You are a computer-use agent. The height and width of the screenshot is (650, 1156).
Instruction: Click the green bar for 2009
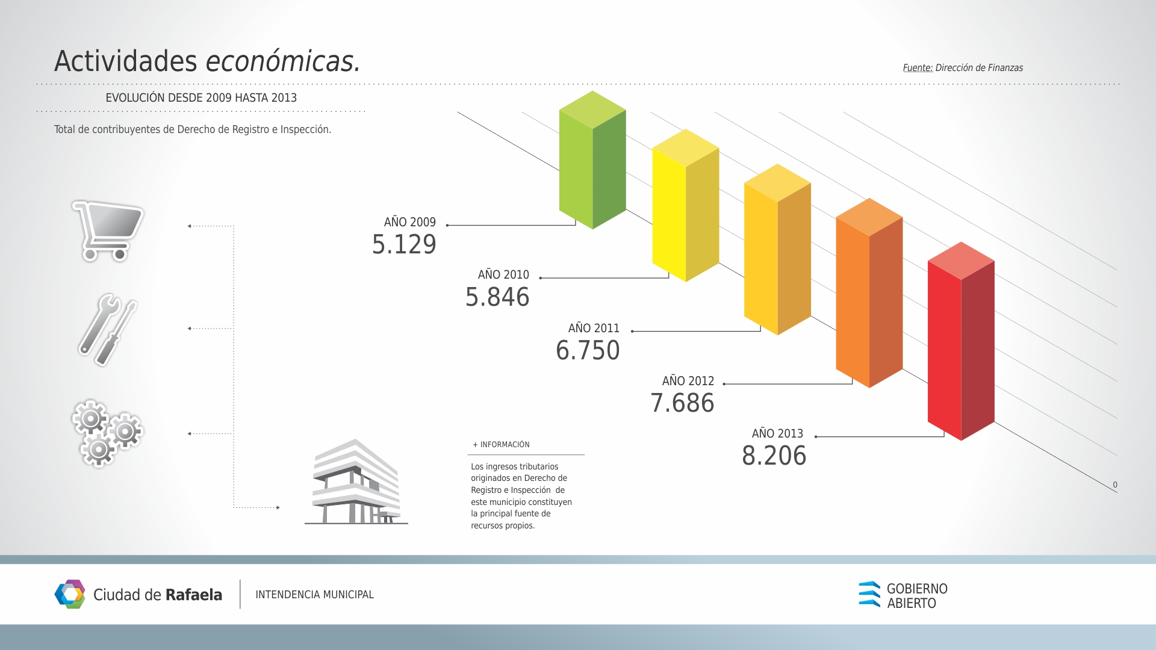point(592,160)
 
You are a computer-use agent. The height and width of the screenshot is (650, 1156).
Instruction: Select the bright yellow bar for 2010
point(686,205)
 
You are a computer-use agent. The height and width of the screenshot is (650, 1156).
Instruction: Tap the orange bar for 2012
point(869,293)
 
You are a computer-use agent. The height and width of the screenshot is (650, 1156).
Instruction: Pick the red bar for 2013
point(961,341)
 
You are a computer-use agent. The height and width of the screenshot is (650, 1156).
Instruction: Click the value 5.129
point(404,244)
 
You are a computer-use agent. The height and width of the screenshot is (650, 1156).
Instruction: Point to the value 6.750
point(588,350)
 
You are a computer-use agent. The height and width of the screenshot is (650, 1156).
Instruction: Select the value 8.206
point(774,456)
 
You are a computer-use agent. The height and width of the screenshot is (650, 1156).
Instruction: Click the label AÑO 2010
point(503,274)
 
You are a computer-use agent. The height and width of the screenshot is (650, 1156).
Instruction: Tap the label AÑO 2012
point(688,381)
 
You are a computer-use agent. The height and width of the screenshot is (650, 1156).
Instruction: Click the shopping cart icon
point(108,231)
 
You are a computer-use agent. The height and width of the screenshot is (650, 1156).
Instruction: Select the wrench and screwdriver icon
point(108,330)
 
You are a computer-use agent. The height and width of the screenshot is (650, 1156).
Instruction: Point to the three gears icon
point(107,433)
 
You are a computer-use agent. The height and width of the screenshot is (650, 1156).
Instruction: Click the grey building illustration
point(356,481)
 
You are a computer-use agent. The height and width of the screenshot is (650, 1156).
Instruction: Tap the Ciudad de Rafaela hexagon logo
point(70,595)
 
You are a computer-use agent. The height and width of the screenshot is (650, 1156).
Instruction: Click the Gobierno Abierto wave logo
point(869,594)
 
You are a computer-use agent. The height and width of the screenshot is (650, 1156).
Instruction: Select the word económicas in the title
point(283,61)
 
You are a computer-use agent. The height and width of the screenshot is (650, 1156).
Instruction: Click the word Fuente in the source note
point(918,68)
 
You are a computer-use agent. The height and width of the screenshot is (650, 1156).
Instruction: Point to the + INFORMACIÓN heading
point(501,445)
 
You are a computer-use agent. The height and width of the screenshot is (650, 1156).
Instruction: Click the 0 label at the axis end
point(1115,484)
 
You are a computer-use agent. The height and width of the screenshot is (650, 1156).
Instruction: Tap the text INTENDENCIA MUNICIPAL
point(314,595)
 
